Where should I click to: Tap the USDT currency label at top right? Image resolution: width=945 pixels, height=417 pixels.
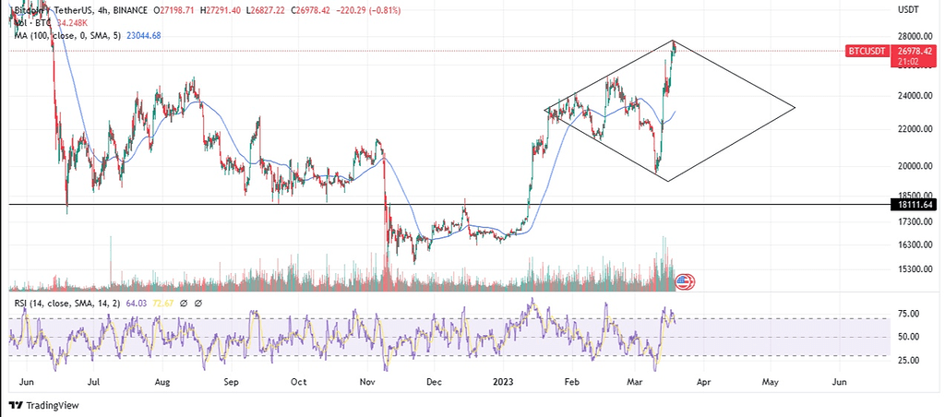(x=908, y=9)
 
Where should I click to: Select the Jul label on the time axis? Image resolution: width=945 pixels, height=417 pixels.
(x=93, y=380)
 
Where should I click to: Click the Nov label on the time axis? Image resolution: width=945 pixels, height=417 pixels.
(x=367, y=380)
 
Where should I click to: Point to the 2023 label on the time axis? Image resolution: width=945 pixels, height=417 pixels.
(x=503, y=380)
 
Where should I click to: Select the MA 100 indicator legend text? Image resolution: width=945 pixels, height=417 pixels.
(x=74, y=35)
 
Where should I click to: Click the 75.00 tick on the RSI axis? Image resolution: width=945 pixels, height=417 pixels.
(x=908, y=314)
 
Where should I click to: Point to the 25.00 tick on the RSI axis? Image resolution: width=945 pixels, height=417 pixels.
(x=908, y=360)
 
